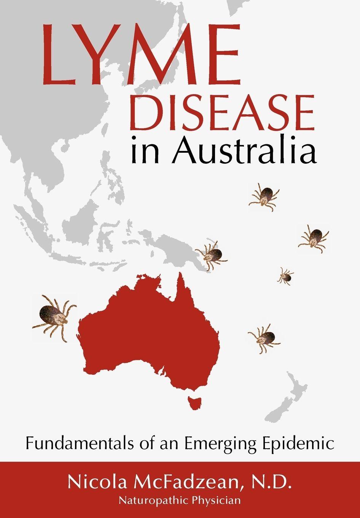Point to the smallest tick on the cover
(285, 276)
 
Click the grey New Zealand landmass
(289, 396)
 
